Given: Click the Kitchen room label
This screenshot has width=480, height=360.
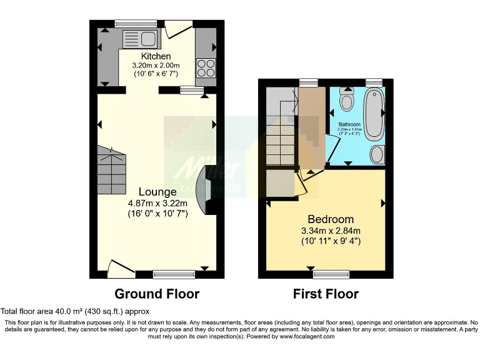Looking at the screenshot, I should (x=156, y=56).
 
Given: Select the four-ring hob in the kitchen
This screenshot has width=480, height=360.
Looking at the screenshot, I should (x=205, y=67).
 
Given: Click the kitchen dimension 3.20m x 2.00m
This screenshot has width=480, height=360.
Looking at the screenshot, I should (x=156, y=65).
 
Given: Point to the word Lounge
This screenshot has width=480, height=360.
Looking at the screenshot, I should (x=157, y=192).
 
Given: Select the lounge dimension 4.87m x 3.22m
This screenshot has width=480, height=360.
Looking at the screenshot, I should (x=157, y=202).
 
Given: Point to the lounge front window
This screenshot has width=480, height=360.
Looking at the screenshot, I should (x=174, y=274).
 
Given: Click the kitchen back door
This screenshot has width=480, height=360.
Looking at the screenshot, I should (x=174, y=29).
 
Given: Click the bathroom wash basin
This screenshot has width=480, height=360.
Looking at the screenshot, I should (x=377, y=154).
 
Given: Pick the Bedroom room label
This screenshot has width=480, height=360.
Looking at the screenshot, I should (x=331, y=219).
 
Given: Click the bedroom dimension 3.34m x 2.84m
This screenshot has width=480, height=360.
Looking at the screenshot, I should (x=331, y=230).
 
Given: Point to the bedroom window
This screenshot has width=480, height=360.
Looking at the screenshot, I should (x=331, y=274).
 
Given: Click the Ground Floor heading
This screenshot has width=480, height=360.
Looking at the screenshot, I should (x=157, y=294).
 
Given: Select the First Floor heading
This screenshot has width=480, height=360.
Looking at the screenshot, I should (x=326, y=294).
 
